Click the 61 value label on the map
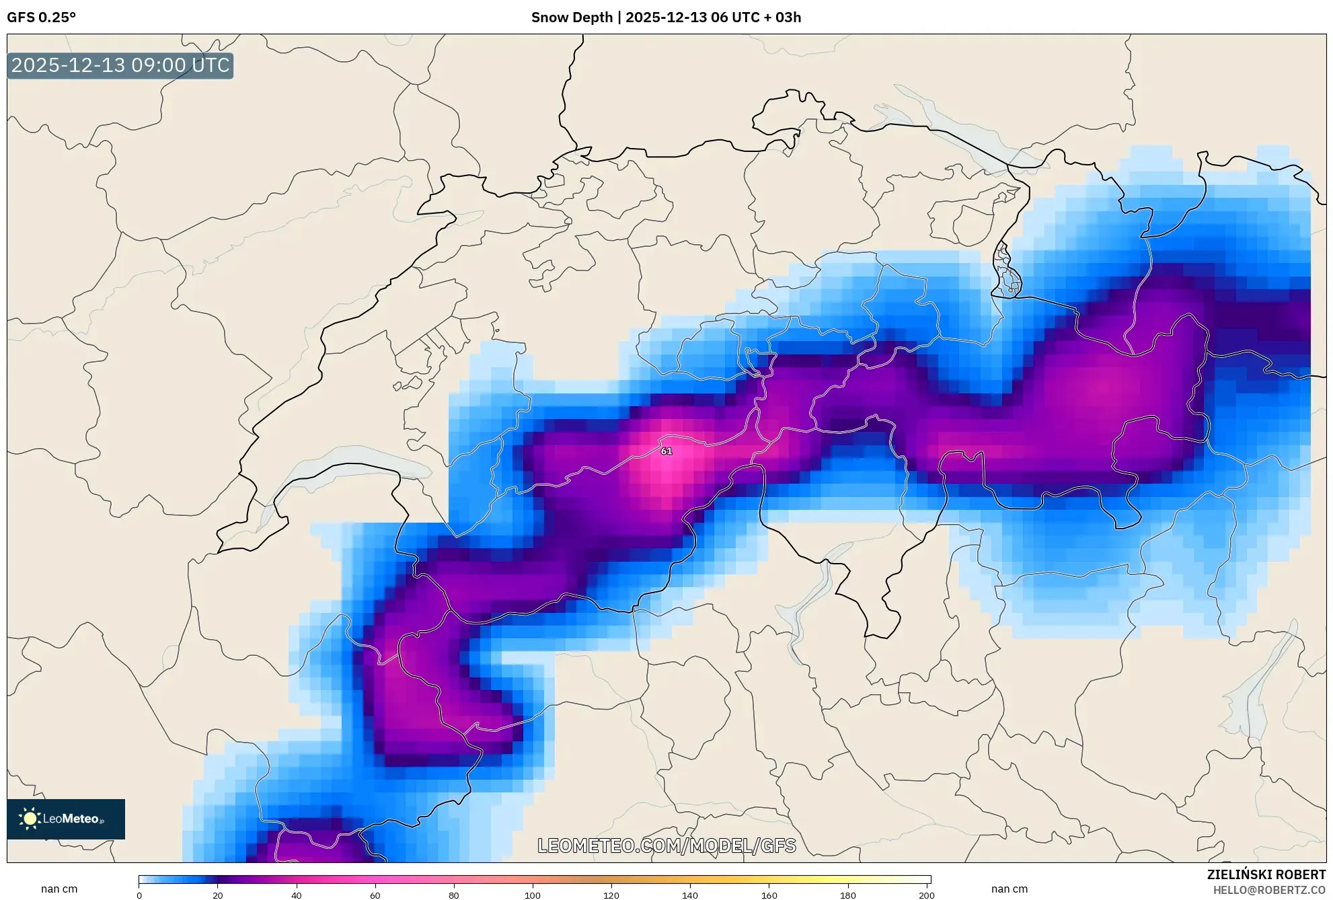coord(666,451)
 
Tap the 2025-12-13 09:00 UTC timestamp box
coord(120,65)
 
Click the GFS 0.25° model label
coord(41,17)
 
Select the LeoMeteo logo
coord(66,819)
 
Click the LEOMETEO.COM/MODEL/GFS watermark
coord(666,846)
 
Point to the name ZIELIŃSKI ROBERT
coord(1266,874)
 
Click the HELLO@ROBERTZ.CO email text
coord(1269,890)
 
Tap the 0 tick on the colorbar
coord(139,895)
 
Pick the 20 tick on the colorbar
coord(218,895)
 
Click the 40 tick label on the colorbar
coord(297,895)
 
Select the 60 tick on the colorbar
coord(375,895)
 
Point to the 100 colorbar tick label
coord(533,895)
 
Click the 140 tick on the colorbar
coord(690,895)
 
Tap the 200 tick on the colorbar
coord(927,895)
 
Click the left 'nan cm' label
coord(59,889)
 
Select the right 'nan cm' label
coord(1009,889)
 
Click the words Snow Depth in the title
coord(572,17)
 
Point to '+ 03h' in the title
coord(782,17)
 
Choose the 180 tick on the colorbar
coord(848,895)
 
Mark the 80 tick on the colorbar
coord(454,895)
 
